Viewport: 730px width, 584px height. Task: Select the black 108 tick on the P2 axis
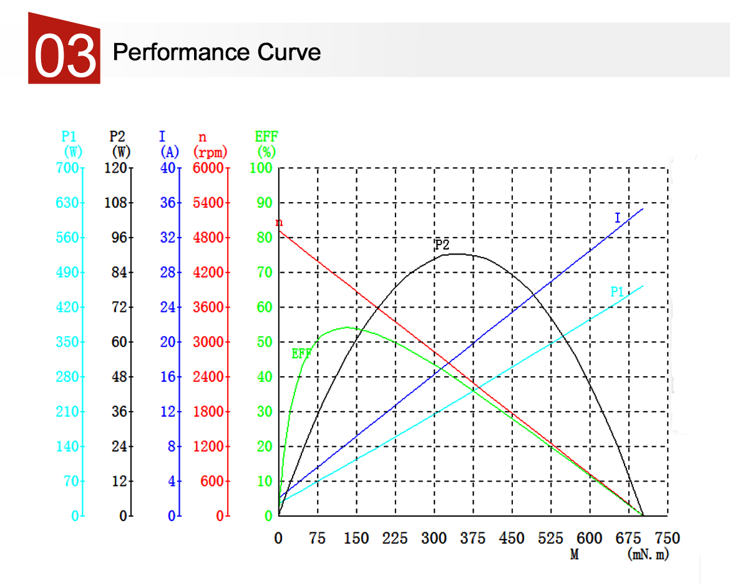point(117,203)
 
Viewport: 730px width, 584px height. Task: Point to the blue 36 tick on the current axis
point(168,203)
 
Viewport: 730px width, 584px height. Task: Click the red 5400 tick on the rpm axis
point(209,203)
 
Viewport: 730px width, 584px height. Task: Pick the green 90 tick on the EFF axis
point(265,203)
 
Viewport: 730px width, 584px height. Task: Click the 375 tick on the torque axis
point(473,538)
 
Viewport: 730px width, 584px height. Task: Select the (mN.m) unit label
point(648,554)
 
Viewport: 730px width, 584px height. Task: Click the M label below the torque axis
point(575,554)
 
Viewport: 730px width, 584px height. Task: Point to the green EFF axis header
point(266,137)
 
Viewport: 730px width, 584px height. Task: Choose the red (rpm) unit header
point(210,152)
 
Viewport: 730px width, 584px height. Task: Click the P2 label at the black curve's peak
point(442,245)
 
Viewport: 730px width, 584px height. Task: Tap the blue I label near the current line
point(618,218)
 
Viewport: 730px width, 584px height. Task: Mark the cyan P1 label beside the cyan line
point(617,291)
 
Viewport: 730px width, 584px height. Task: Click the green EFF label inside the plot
point(301,354)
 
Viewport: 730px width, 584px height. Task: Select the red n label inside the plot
point(279,222)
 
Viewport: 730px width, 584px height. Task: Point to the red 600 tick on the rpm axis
point(212,481)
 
